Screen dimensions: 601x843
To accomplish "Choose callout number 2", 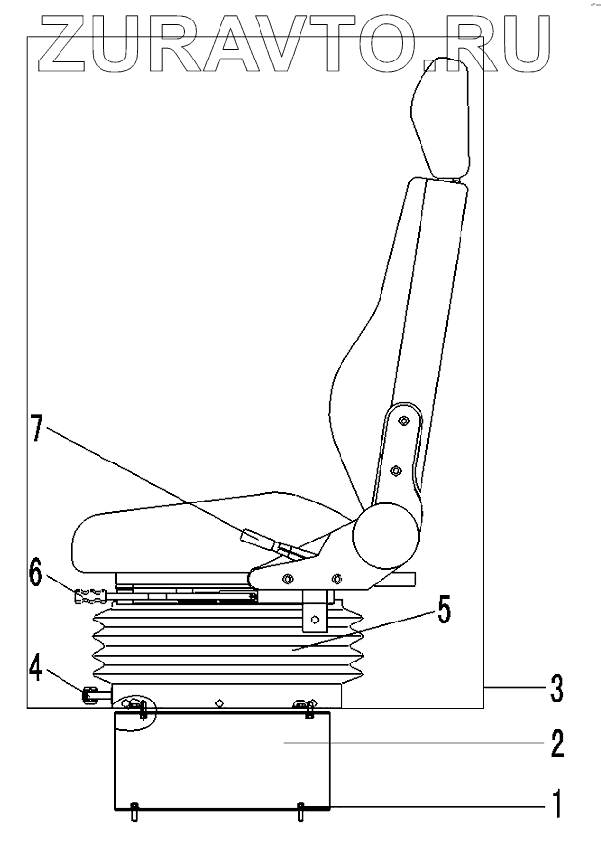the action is (555, 745).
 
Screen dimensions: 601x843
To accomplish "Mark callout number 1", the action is (555, 806).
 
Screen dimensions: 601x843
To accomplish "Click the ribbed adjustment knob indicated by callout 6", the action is (89, 592).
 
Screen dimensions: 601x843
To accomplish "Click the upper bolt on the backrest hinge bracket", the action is (402, 421).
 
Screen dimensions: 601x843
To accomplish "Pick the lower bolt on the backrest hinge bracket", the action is (395, 471).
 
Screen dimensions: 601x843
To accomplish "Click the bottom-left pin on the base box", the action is (134, 807).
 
